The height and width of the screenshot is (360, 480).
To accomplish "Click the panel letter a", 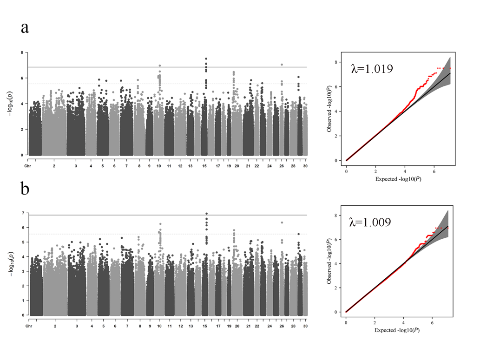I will [25, 27].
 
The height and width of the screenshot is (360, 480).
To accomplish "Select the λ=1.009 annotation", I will [370, 222].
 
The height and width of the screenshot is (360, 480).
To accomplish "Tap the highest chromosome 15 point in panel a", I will [206, 59].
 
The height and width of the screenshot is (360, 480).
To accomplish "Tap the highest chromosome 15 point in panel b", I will [206, 214].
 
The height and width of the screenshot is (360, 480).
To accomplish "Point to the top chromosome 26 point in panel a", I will [282, 65].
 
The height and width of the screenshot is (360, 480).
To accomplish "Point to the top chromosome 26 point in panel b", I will [282, 223].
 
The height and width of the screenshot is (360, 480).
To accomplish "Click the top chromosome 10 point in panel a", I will [160, 66].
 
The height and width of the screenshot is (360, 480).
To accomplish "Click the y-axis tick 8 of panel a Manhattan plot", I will [21, 53].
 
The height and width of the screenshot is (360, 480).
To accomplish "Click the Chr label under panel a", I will [27, 165].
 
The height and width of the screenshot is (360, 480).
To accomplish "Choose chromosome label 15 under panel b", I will [204, 326].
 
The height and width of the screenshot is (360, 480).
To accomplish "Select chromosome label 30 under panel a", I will [305, 165].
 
